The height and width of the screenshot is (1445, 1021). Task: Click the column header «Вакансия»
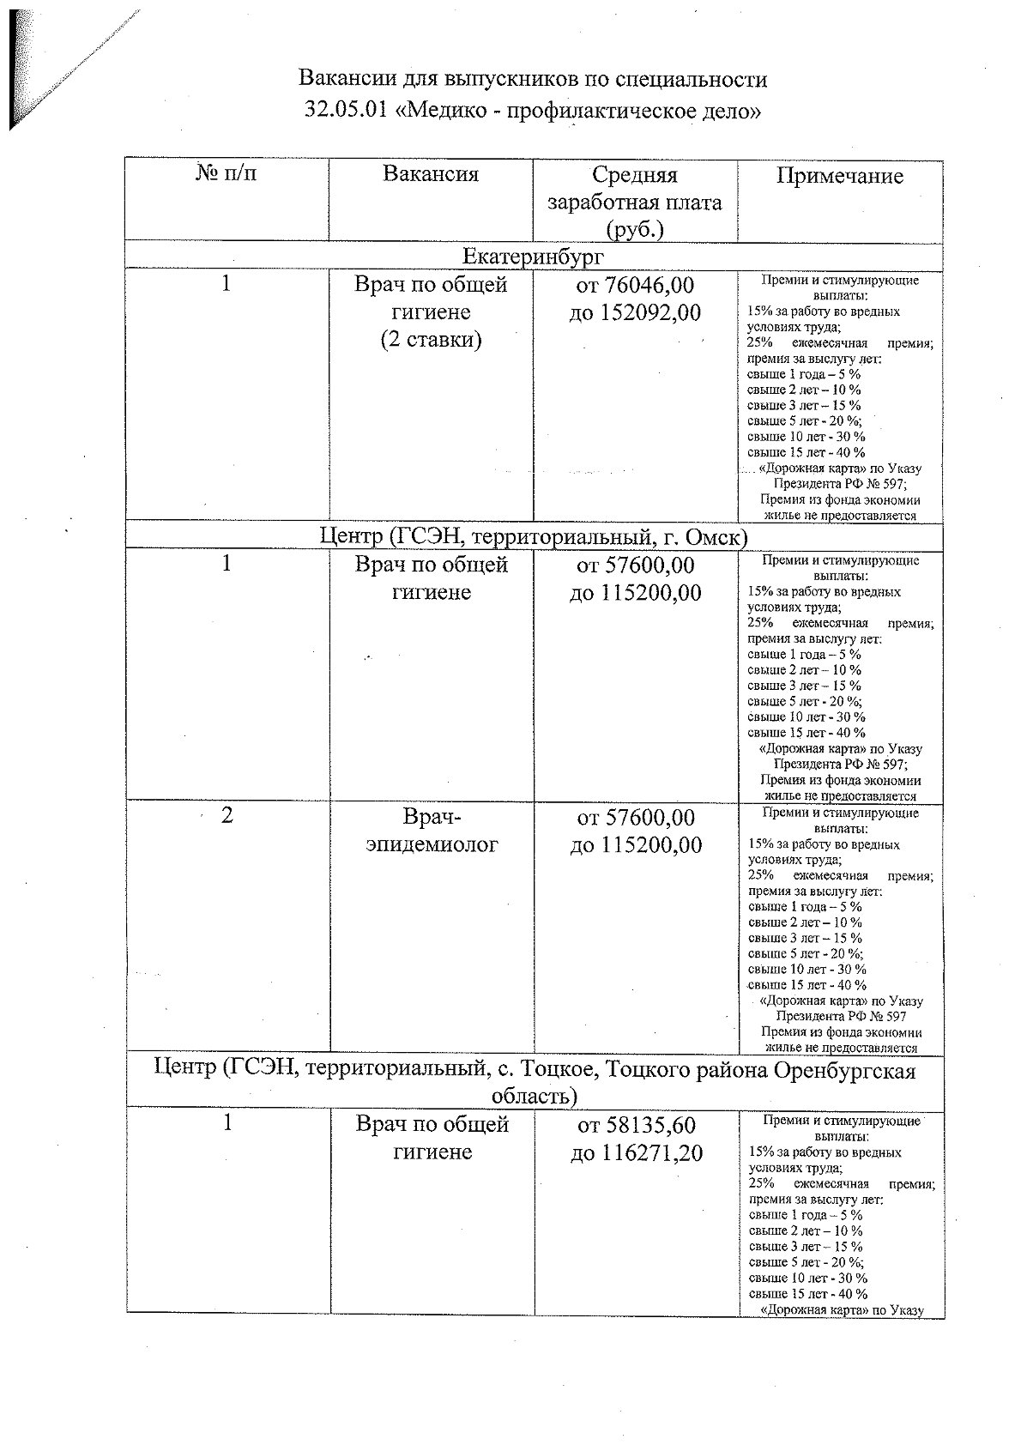pyautogui.click(x=430, y=175)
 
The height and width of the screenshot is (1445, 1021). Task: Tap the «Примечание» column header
pyautogui.click(x=839, y=177)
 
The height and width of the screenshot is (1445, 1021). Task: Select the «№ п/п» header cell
pyautogui.click(x=227, y=174)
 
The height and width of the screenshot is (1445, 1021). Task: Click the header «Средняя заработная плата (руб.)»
pyautogui.click(x=634, y=203)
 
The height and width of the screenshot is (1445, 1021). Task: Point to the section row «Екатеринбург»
pyautogui.click(x=533, y=257)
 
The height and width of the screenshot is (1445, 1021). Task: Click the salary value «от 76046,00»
pyautogui.click(x=635, y=285)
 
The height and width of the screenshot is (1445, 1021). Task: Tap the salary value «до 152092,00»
pyautogui.click(x=635, y=312)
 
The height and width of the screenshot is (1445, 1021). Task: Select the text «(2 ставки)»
pyautogui.click(x=431, y=340)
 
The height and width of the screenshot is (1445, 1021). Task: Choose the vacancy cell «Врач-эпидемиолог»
pyautogui.click(x=432, y=830)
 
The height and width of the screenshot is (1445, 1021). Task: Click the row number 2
pyautogui.click(x=227, y=815)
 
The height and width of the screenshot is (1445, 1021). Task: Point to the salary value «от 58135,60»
pyautogui.click(x=636, y=1125)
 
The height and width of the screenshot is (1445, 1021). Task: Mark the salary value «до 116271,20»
pyautogui.click(x=636, y=1153)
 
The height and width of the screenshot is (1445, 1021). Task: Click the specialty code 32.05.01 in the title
pyautogui.click(x=344, y=111)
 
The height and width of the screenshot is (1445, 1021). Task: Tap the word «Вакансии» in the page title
pyautogui.click(x=341, y=80)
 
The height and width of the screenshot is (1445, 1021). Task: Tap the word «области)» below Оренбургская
pyautogui.click(x=534, y=1097)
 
